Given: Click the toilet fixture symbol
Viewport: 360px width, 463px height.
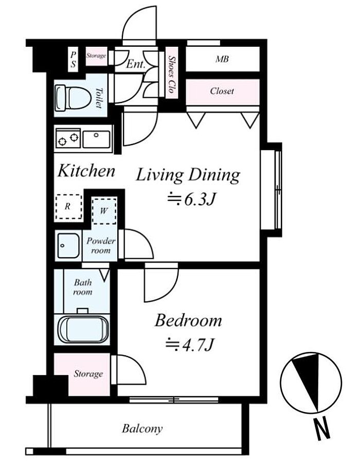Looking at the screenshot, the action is coord(73,98).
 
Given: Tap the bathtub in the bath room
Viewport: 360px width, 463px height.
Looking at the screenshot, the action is coord(84,329).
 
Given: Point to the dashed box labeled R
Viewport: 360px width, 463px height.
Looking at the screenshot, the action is coord(69,206).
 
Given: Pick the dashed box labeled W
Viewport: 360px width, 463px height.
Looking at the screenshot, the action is coord(104,211).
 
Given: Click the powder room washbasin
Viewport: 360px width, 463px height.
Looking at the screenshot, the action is coord(68,245).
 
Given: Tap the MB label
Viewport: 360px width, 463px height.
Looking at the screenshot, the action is coord(222,59).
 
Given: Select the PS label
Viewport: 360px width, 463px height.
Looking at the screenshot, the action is coord(73,59).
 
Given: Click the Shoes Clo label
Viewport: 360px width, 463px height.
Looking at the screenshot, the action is coord(172,75).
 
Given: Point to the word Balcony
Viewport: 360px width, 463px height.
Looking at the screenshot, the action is coord(142,429).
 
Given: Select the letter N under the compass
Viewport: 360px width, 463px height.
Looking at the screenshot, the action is coord(322,428).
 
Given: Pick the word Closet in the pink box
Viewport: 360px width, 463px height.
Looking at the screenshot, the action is coord(222,91).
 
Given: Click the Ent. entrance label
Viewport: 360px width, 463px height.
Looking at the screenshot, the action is coord(136,64).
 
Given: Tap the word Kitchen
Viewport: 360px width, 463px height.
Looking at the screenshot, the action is coord(86,171).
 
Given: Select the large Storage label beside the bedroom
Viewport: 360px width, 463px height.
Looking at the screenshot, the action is coord(88,374).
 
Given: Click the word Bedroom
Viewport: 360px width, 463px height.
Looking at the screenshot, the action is coord(188,320).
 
